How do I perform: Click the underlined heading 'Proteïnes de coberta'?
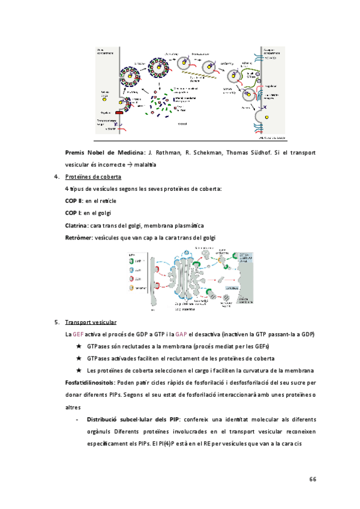[93, 177]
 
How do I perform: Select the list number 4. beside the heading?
[56, 177]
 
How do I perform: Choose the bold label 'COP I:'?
[73, 213]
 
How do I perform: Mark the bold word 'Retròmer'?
[78, 238]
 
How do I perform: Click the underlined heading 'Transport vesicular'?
[91, 322]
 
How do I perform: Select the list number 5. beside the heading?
[56, 322]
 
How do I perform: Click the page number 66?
[313, 479]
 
